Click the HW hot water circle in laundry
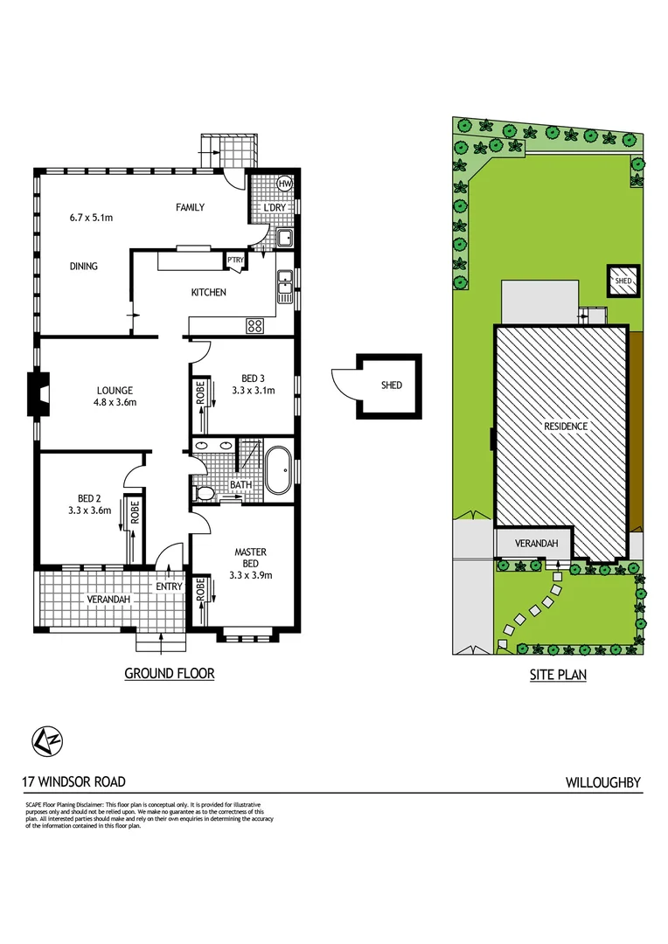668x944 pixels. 284,184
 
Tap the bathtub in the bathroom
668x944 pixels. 278,471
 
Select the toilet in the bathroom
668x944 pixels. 205,494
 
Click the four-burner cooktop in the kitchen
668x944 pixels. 255,325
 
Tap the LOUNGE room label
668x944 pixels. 115,390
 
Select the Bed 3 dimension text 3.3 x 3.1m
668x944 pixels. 253,391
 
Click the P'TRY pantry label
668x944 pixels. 235,260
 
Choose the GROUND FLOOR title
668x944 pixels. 169,673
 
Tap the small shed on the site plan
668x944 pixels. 623,281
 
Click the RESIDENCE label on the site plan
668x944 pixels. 566,427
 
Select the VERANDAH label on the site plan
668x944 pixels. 536,544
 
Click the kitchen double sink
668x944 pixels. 285,287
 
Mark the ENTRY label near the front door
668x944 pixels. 169,586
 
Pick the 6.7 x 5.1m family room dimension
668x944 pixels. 91,217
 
